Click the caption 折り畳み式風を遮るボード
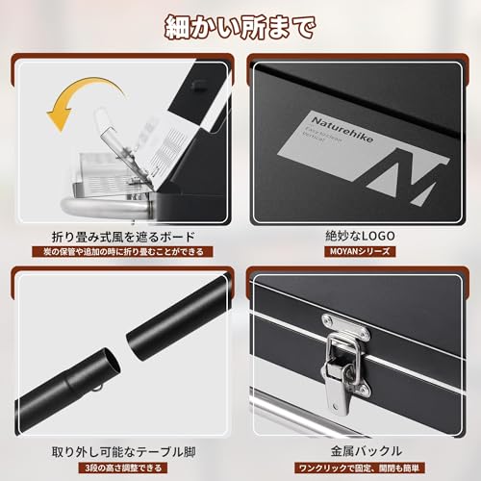click(122, 237)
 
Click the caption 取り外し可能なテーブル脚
click(122, 450)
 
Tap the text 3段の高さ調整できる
click(122, 467)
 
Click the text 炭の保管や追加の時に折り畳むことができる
click(122, 253)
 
